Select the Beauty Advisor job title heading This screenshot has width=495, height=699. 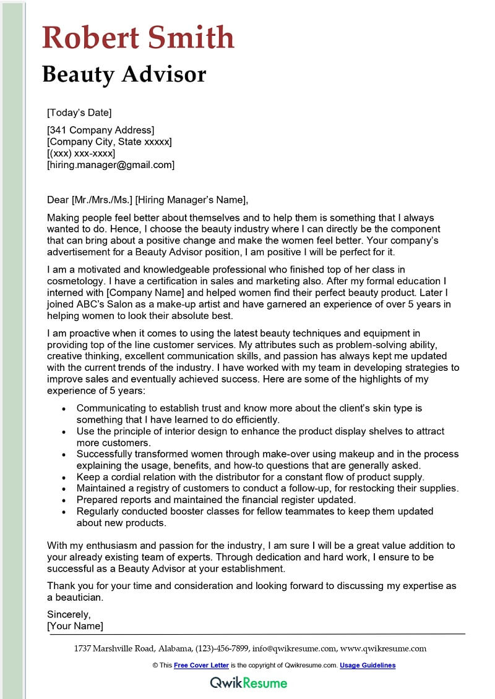(124, 74)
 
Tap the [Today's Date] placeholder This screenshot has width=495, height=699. (79, 112)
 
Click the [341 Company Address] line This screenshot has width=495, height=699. (100, 130)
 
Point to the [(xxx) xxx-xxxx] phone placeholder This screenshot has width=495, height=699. (81, 153)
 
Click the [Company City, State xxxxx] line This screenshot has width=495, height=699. (109, 142)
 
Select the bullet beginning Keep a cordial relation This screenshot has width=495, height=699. (250, 477)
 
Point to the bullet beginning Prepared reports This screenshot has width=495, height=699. (216, 499)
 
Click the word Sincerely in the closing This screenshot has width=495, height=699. (69, 614)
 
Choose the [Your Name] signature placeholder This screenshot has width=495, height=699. (75, 626)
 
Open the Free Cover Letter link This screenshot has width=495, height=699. (201, 666)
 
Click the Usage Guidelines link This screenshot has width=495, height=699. (368, 666)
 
